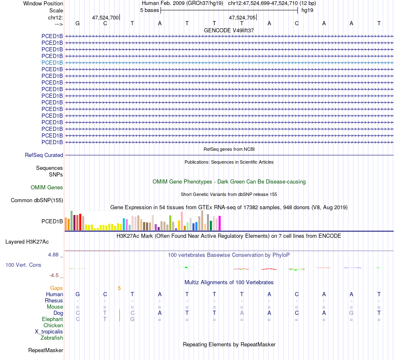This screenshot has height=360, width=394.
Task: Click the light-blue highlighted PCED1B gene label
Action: pos(52,63)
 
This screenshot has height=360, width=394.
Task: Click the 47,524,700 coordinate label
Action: pos(105,18)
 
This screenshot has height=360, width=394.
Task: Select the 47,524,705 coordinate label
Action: pos(242,18)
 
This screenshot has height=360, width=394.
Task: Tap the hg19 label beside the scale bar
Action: pos(307,10)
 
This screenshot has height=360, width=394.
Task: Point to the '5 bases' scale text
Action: pos(149,10)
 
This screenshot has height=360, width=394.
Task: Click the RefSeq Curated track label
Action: pos(44,155)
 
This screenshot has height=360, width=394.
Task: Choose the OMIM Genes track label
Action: pos(47,188)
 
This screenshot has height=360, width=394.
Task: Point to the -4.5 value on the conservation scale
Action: pos(55,275)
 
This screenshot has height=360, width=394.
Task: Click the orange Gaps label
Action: pos(56,288)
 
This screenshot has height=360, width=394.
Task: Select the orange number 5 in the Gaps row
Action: pos(119,288)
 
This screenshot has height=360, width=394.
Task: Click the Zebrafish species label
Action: pos(52,338)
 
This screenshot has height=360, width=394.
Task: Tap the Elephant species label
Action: pos(53,319)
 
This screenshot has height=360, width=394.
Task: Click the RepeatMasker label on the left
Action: pos(46,350)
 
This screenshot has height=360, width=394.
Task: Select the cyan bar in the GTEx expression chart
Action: pos(124,224)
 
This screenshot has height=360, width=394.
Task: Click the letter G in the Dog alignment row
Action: pos(351,313)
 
